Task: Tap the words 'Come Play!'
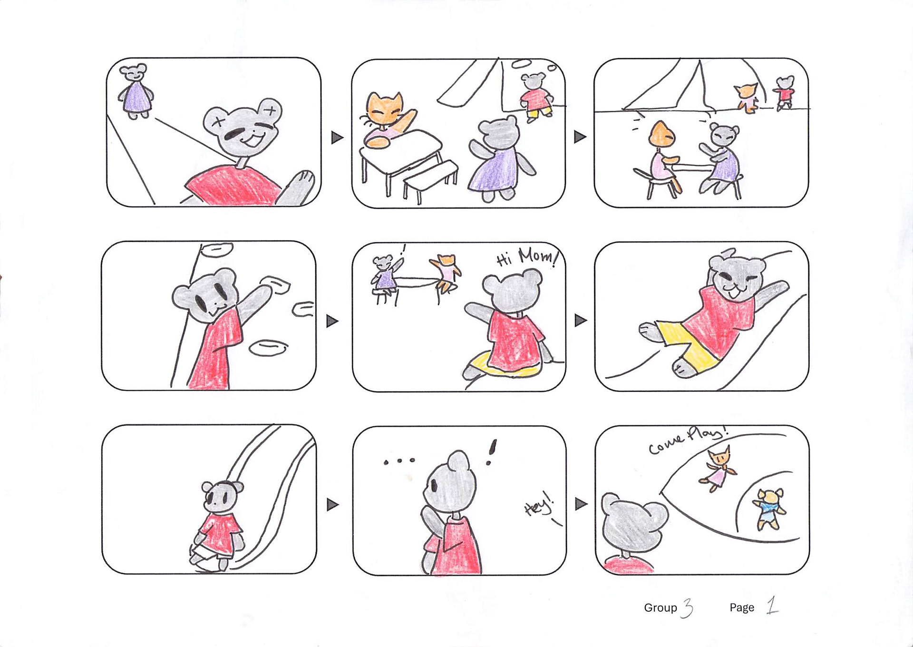[688, 439]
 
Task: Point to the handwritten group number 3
[688, 608]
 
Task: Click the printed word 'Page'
[742, 608]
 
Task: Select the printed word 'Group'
[660, 608]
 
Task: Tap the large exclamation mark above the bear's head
[492, 452]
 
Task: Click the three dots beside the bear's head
[399, 461]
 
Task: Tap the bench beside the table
[430, 181]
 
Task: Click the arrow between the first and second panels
[337, 137]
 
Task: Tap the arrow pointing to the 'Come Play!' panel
[581, 504]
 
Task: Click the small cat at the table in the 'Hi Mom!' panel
[445, 273]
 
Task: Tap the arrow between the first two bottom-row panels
[333, 504]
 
